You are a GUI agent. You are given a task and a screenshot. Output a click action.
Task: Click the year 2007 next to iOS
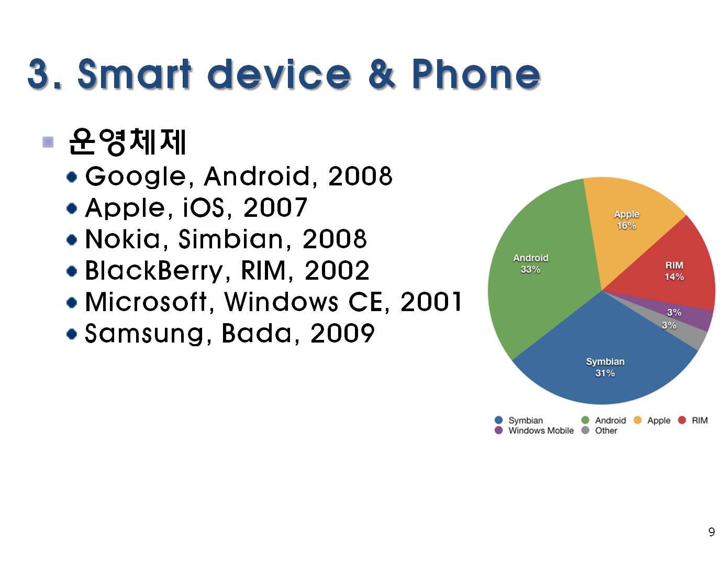pos(275,207)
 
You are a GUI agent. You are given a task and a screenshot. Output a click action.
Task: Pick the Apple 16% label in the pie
pos(627,219)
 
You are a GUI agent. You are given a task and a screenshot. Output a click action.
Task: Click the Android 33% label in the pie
pos(530,263)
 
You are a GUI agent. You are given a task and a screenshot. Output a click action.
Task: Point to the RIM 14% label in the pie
pos(674,271)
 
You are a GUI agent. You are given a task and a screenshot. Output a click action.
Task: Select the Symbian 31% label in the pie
pos(605,367)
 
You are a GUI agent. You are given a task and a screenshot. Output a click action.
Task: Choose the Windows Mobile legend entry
pos(534,431)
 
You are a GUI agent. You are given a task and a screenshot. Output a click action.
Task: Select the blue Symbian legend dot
pos(498,420)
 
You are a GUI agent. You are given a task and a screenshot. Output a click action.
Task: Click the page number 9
pos(711,532)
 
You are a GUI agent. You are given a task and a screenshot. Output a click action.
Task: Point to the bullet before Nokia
pos(72,240)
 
